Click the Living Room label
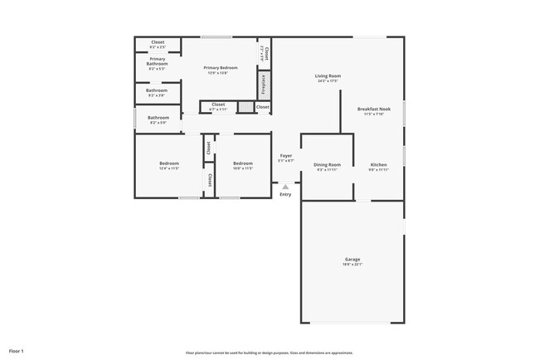328,76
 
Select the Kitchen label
378,165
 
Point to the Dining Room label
327,165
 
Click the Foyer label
285,155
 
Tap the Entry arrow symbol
285,187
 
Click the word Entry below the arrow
285,194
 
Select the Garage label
352,260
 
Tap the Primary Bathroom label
158,61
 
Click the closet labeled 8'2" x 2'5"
158,44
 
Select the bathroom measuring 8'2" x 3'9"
158,93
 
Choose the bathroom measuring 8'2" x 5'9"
158,119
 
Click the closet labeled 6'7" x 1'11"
217,106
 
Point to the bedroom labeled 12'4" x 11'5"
169,166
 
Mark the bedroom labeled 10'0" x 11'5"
243,166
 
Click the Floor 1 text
17,352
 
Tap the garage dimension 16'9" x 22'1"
352,265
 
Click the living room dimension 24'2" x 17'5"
328,81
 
